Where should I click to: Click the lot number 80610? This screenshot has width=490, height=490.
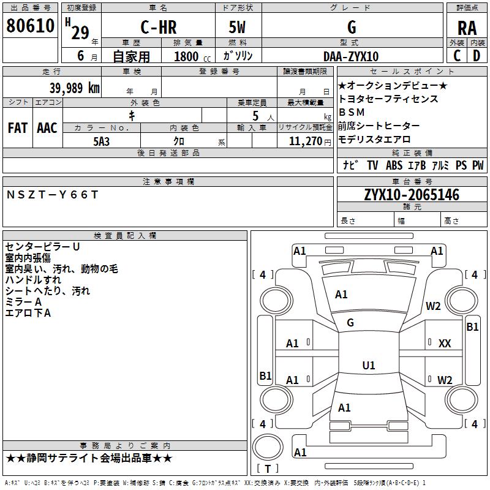(31, 26)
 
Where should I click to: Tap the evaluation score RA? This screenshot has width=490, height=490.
(467, 28)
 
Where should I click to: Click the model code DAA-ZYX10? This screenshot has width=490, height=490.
(351, 56)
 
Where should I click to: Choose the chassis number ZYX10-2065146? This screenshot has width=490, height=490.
(411, 195)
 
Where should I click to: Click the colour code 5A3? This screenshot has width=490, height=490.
(101, 140)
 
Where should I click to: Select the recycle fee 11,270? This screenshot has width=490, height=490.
(304, 141)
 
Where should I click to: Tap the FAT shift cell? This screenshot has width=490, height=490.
(18, 127)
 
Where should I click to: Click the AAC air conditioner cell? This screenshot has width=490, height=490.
(47, 127)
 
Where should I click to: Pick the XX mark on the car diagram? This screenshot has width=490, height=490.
(445, 344)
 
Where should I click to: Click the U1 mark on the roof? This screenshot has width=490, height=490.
(368, 366)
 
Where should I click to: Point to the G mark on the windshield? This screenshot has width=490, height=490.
(350, 322)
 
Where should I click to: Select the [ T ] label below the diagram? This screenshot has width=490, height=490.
(267, 469)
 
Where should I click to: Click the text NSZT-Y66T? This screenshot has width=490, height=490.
(52, 195)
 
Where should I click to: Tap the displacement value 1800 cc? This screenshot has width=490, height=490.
(190, 56)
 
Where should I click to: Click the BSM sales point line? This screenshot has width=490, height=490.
(352, 112)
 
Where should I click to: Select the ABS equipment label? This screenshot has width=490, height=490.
(394, 165)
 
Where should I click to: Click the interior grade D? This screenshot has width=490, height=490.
(477, 56)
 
